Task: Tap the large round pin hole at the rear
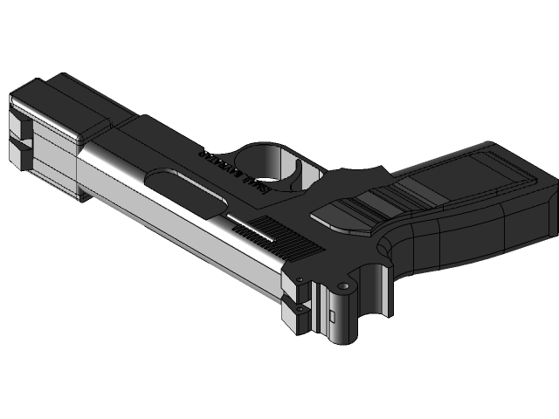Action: click(x=343, y=285)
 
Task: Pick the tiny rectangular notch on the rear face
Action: click(x=331, y=313)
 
